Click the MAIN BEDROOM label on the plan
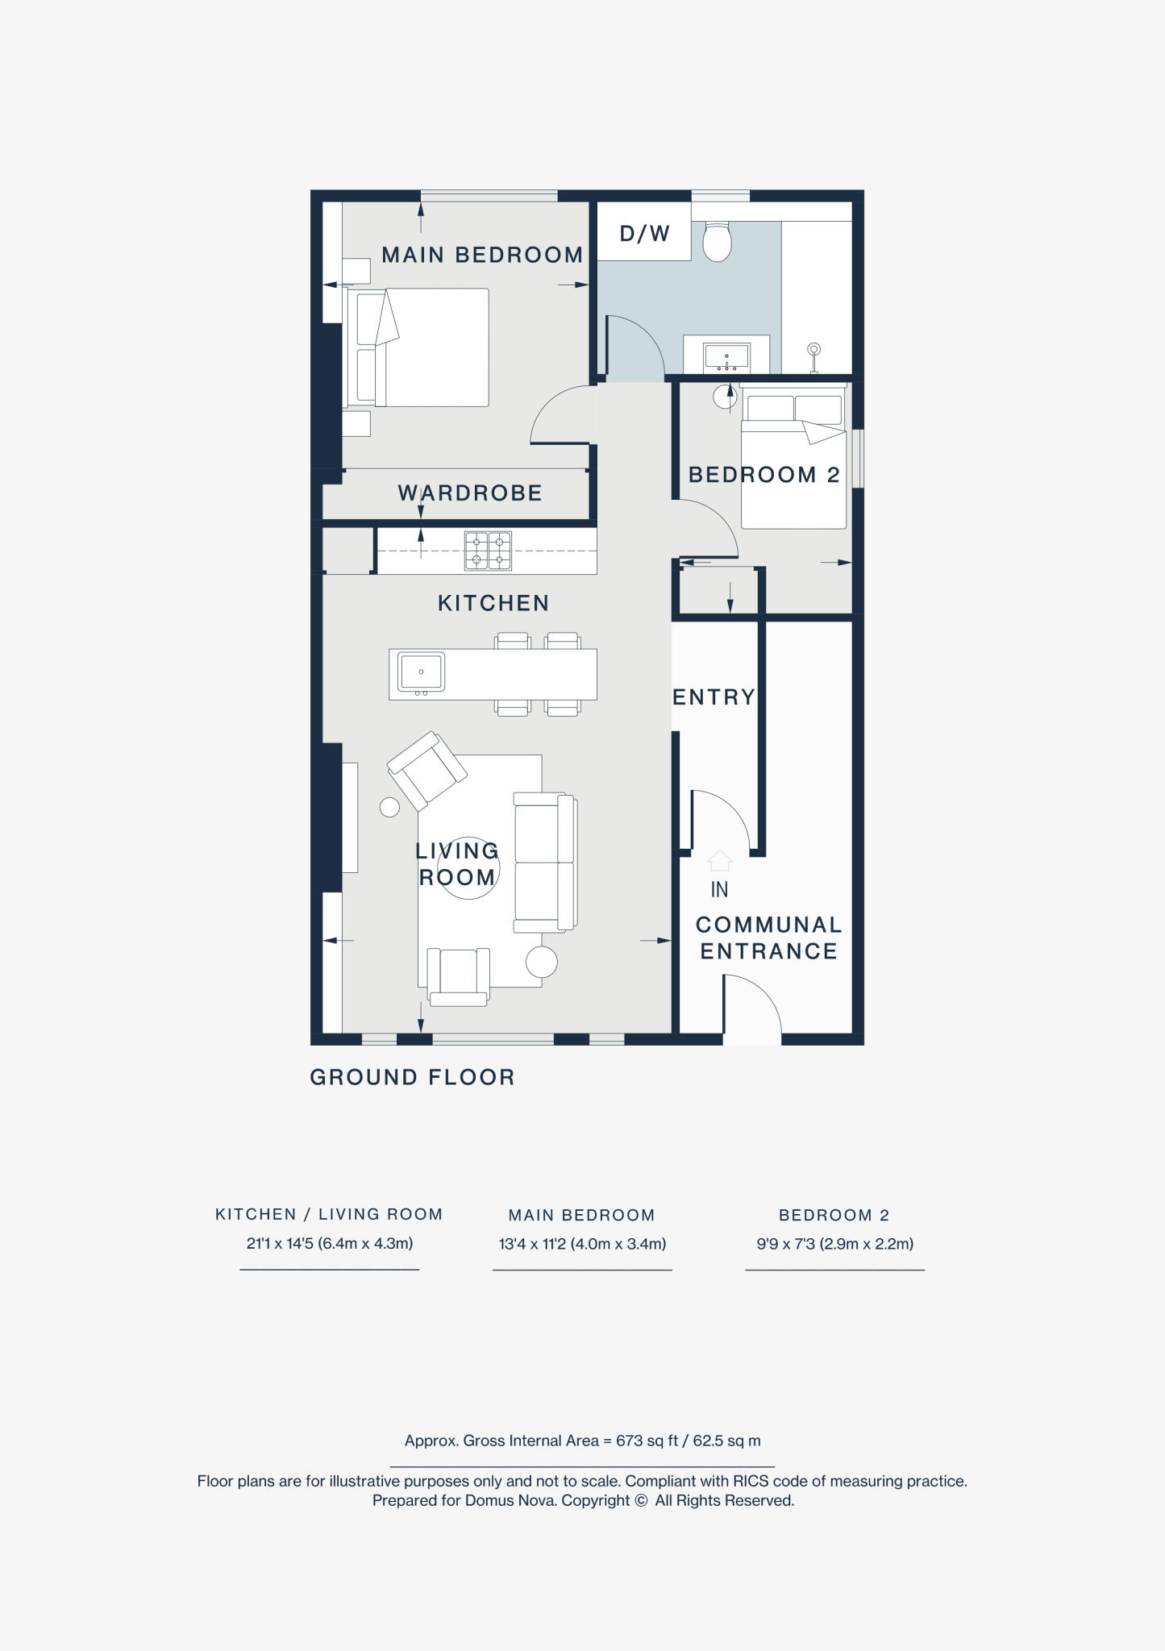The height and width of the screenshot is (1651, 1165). pos(482,256)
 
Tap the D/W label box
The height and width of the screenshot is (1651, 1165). pos(644,234)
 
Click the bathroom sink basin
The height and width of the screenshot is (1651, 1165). pos(726,356)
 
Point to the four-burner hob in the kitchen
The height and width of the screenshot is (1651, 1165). pos(488,551)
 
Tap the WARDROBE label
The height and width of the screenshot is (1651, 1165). pos(470,493)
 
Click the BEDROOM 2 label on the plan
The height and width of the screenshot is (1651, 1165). pos(763,475)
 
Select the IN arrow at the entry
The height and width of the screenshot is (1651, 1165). pos(719,862)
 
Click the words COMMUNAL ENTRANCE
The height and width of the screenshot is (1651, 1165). pos(768,938)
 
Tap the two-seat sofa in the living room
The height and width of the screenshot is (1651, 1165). pos(545,862)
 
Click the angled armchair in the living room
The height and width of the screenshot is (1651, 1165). pos(426,770)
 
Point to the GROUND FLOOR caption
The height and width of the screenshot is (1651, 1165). pos(412,1077)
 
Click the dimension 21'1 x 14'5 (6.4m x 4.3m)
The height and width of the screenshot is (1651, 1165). pos(330,1243)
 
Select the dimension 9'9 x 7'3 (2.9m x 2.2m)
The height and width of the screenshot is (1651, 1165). pos(834,1244)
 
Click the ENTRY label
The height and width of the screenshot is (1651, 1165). pos(714,697)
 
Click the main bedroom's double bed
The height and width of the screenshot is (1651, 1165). pos(419,347)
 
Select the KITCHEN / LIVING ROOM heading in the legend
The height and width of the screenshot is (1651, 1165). pos(329,1214)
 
